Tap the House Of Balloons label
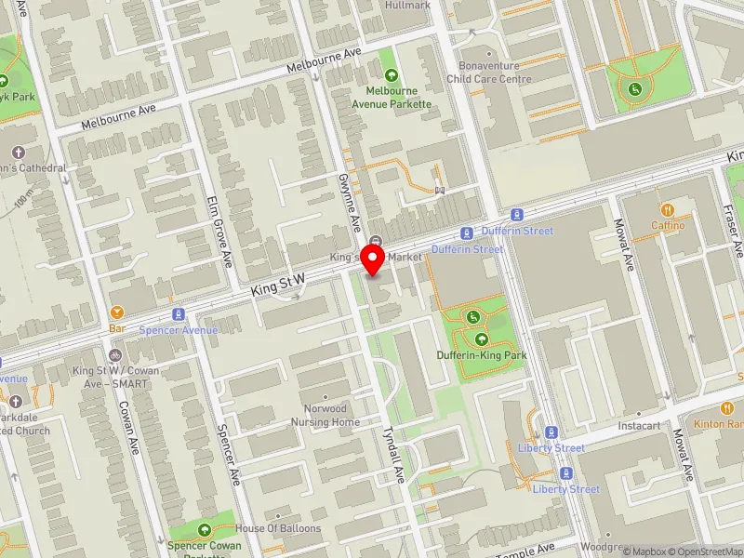pos(278,528)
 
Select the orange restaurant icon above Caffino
pos(667,210)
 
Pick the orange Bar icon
pos(117,312)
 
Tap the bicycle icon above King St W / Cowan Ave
pos(115,355)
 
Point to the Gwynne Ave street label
pos(349,203)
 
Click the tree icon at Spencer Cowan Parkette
pos(204,529)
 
